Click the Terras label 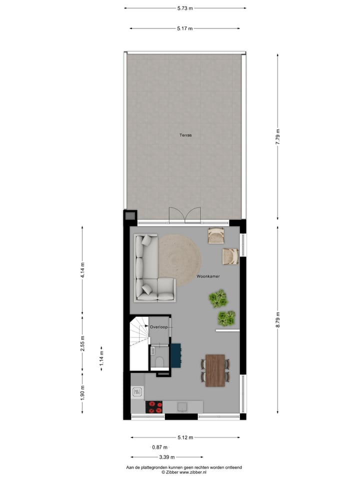pos(186,135)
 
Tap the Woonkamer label pos(208,276)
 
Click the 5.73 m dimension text pos(185,8)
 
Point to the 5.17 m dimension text pos(185,28)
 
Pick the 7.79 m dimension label pos(278,137)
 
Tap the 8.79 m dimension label pos(278,319)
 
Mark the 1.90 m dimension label pos(83,392)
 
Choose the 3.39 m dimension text pos(167,457)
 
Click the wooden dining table pos(215,370)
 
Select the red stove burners pos(155,407)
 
